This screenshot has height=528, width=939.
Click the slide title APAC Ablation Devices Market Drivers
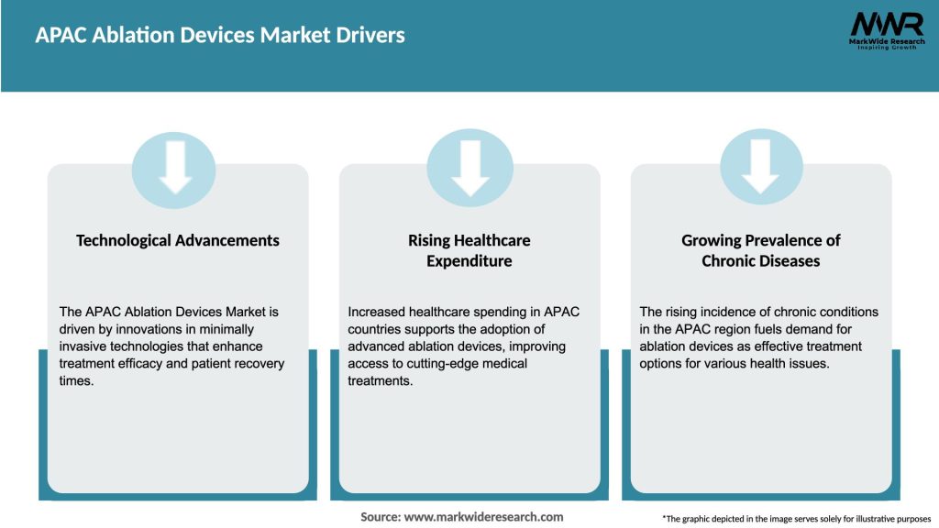click(x=220, y=36)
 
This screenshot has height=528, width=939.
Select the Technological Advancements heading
click(x=178, y=240)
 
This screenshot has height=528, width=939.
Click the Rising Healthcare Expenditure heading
click(x=469, y=250)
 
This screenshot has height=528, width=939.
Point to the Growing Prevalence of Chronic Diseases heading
click(x=761, y=250)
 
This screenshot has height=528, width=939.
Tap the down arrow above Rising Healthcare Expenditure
click(x=470, y=165)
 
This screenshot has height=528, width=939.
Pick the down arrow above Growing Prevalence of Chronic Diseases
click(x=761, y=165)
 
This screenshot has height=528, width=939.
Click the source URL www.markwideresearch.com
click(x=483, y=517)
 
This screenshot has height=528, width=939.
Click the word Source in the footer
click(x=380, y=517)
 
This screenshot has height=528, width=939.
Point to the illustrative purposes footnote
click(x=796, y=519)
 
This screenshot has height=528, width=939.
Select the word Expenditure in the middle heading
click(x=469, y=261)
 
